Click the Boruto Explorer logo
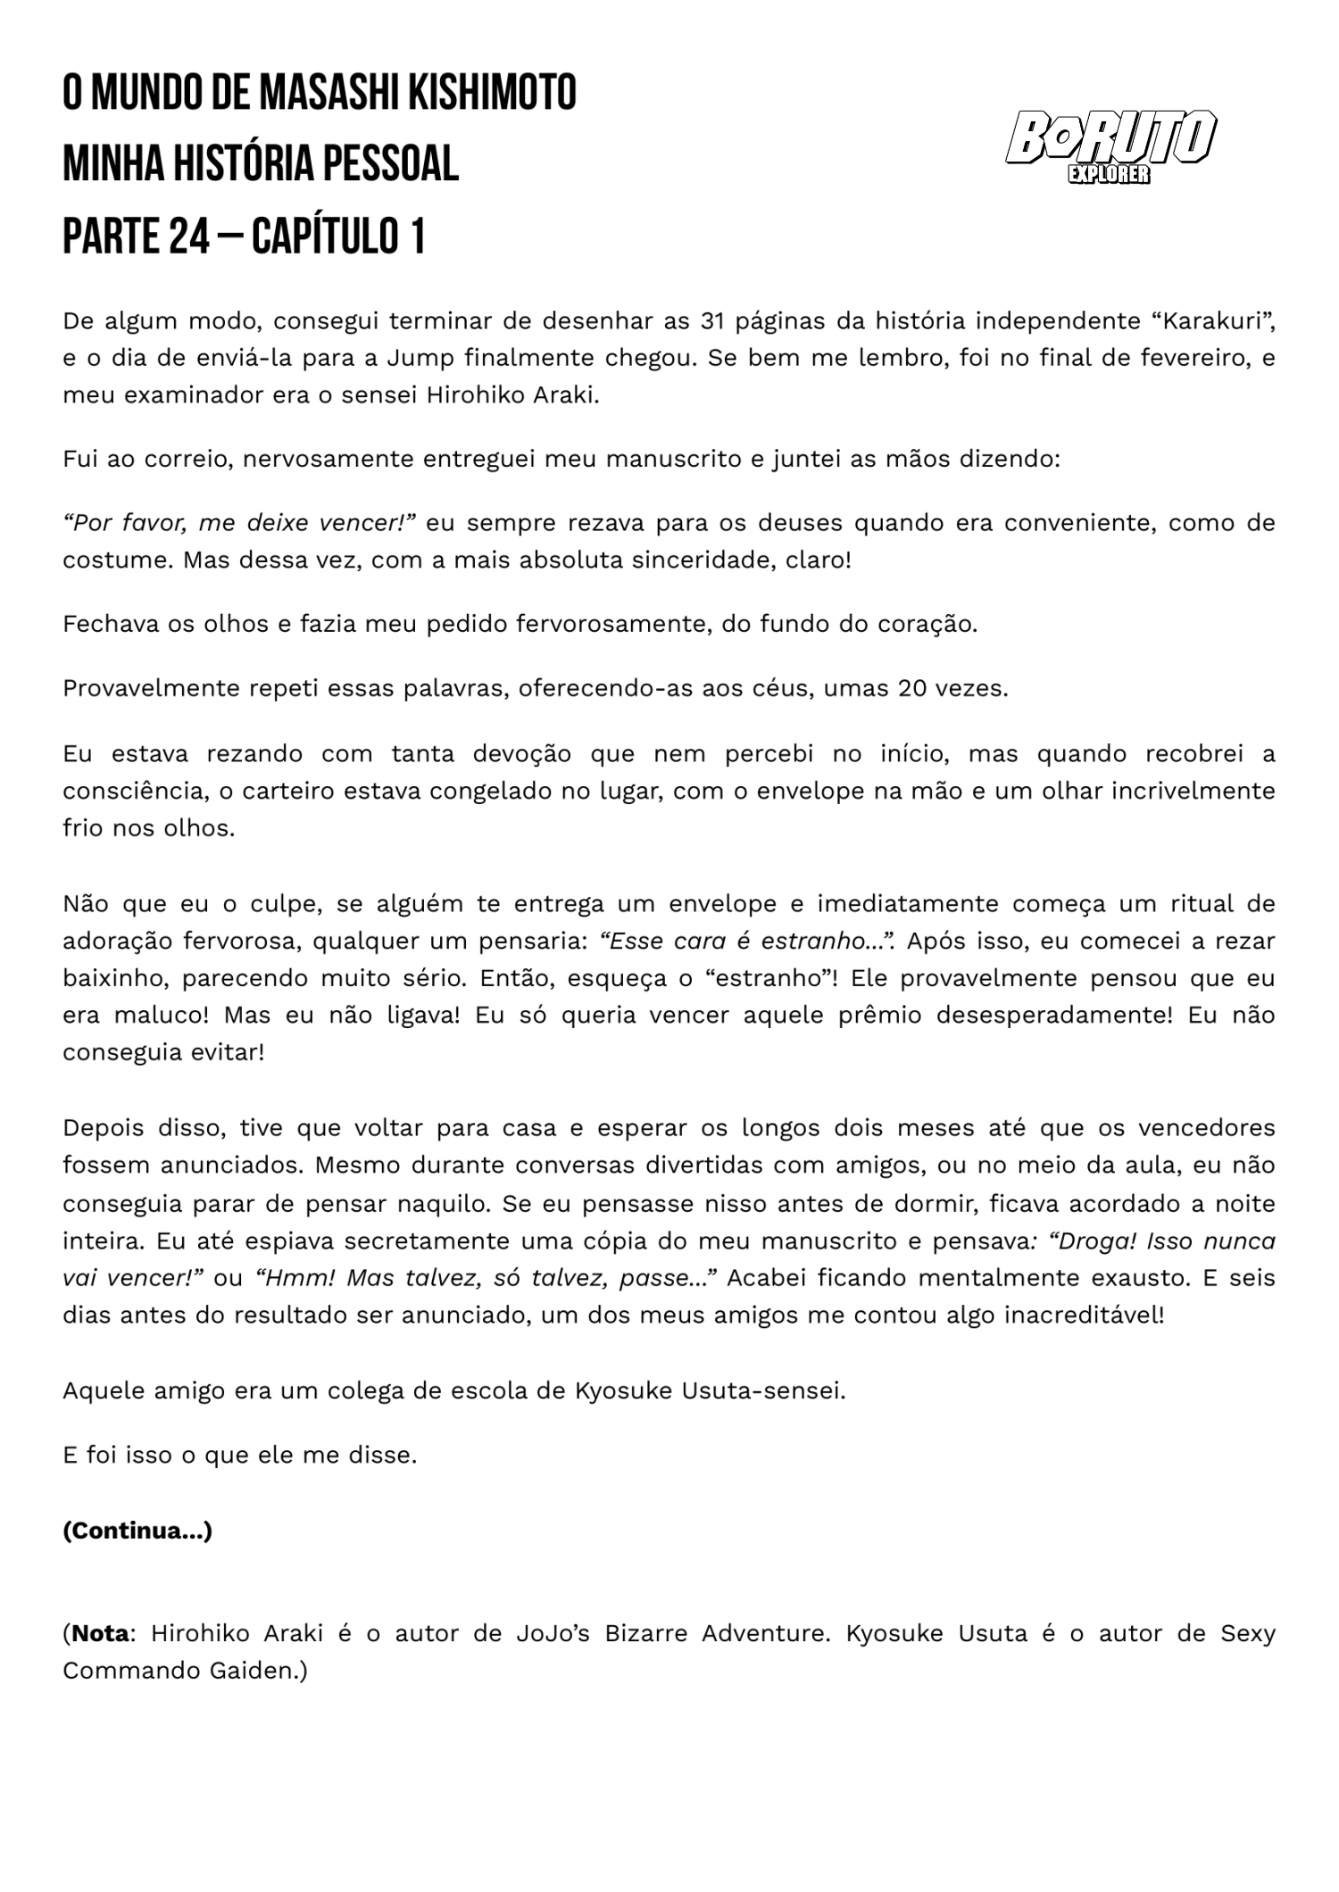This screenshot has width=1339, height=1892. (1110, 145)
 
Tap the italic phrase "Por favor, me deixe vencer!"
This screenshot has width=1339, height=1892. (239, 523)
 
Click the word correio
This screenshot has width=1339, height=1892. (186, 460)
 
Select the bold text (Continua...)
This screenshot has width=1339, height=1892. (137, 1531)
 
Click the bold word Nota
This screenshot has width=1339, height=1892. (100, 1633)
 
